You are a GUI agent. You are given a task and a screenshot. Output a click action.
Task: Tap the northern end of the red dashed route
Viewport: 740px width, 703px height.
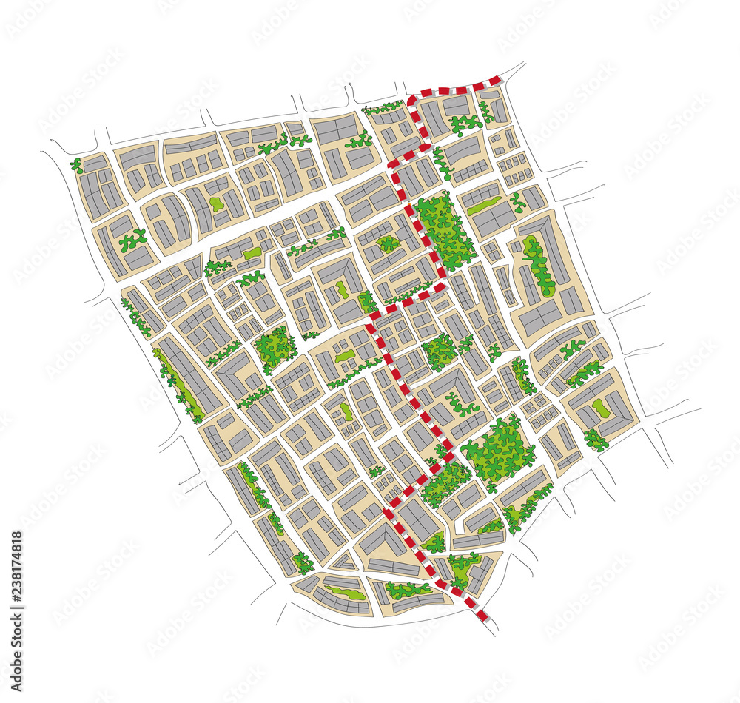(x=497, y=79)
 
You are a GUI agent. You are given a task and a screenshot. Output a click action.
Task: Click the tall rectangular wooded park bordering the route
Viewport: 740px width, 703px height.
(x=444, y=229)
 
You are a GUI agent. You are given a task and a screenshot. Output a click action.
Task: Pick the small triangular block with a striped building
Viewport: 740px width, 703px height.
(x=343, y=563)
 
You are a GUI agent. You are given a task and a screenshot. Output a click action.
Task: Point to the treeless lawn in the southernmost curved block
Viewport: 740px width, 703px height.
(x=345, y=592)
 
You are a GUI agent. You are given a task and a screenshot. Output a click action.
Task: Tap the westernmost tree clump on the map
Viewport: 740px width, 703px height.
(x=77, y=165)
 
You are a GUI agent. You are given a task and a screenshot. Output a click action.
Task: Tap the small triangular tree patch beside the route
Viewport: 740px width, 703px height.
(x=435, y=542)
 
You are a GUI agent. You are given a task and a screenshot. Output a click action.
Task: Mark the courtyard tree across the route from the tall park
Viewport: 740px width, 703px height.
(x=387, y=243)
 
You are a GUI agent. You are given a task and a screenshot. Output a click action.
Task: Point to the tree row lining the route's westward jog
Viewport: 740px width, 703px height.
(x=408, y=293)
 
